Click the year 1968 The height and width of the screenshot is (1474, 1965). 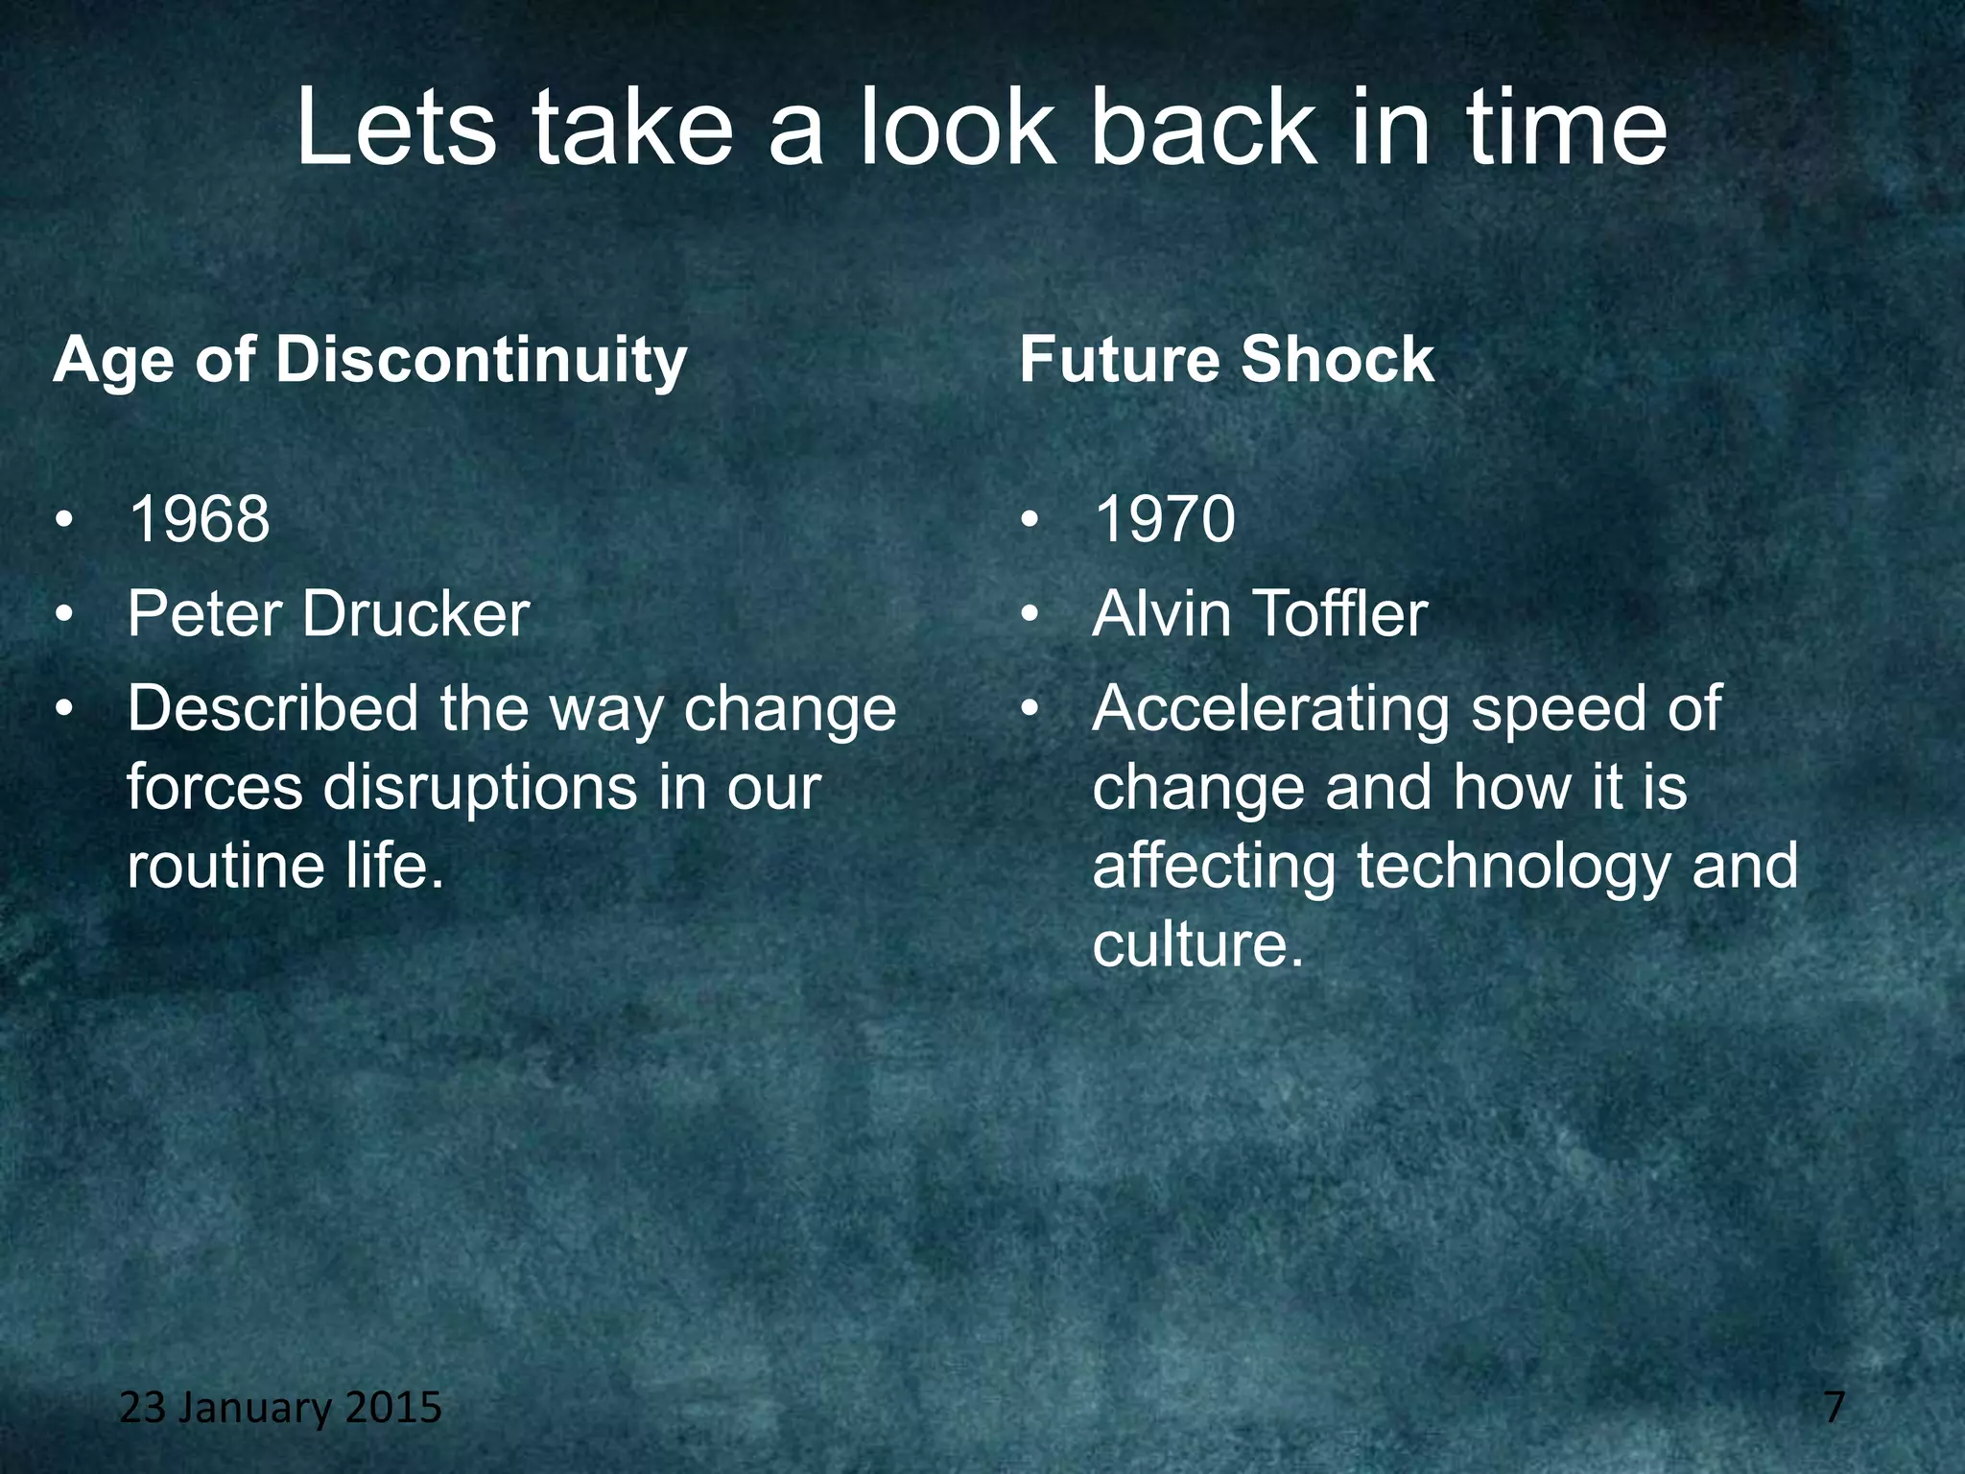pos(199,519)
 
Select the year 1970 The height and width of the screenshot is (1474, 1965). pos(1164,519)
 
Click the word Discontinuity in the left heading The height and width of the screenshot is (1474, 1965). pos(481,362)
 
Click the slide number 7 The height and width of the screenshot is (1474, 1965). pos(1834,1408)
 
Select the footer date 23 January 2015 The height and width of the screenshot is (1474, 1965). pos(280,1408)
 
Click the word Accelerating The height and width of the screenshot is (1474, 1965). pos(1270,709)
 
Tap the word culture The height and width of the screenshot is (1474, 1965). pos(1197,944)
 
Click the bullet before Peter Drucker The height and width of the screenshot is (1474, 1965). pos(64,614)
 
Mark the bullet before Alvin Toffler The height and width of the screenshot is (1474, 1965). pos(1030,614)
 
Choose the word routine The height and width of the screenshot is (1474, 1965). pos(226,866)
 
